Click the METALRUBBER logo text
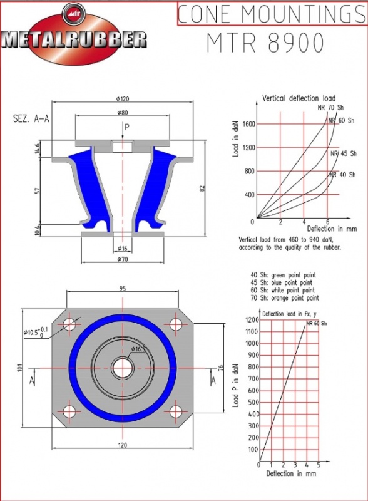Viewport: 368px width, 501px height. pyautogui.click(x=74, y=40)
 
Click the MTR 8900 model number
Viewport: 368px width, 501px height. pyautogui.click(x=265, y=43)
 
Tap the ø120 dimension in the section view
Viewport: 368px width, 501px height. pyautogui.click(x=123, y=99)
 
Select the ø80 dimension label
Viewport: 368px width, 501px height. pyautogui.click(x=123, y=113)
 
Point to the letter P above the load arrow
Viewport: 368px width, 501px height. pyautogui.click(x=127, y=127)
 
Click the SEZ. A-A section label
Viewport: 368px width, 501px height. pyautogui.click(x=31, y=119)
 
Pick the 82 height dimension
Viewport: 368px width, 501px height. pyautogui.click(x=202, y=189)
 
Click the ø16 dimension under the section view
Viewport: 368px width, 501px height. pyautogui.click(x=122, y=248)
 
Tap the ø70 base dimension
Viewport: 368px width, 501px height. pyautogui.click(x=122, y=259)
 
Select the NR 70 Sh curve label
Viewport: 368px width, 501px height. pyautogui.click(x=330, y=108)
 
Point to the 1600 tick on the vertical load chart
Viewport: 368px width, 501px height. pyautogui.click(x=249, y=124)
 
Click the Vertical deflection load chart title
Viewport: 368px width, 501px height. pyautogui.click(x=299, y=98)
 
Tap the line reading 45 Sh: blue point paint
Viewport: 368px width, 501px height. pyautogui.click(x=282, y=282)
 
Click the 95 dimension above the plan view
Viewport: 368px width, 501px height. pyautogui.click(x=123, y=289)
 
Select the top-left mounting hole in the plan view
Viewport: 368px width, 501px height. pyautogui.click(x=69, y=324)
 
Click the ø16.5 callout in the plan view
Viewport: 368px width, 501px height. pyautogui.click(x=138, y=349)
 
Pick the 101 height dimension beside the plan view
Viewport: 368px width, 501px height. pyautogui.click(x=19, y=368)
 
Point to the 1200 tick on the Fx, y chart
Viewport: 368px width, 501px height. pyautogui.click(x=252, y=320)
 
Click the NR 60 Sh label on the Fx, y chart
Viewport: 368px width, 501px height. pyautogui.click(x=317, y=323)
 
